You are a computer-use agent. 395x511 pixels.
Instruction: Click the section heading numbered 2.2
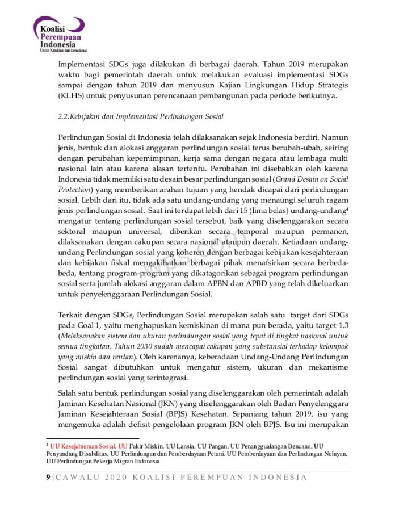pyautogui.click(x=141, y=116)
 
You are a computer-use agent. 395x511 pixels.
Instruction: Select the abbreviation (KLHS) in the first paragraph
pyautogui.click(x=71, y=95)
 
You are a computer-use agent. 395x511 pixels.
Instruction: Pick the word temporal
pyautogui.click(x=261, y=232)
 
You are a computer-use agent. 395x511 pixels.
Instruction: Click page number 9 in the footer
pyautogui.click(x=48, y=477)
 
